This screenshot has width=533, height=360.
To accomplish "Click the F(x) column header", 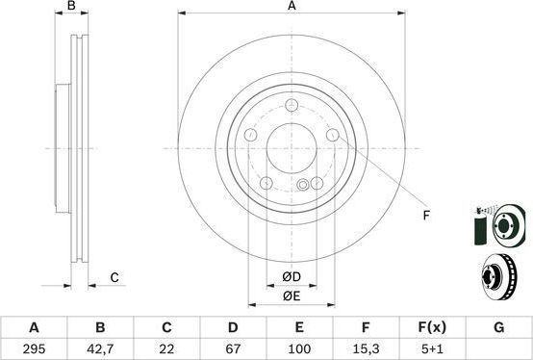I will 432,327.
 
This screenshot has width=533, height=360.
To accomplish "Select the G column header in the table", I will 498,327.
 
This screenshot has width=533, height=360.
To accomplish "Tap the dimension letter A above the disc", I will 292,7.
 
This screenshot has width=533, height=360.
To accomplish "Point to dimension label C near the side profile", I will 114,278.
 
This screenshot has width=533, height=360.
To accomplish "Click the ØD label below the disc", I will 292,278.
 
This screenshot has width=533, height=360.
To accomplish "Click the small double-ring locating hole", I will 304,185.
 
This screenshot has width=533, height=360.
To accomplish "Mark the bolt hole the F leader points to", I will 333,136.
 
